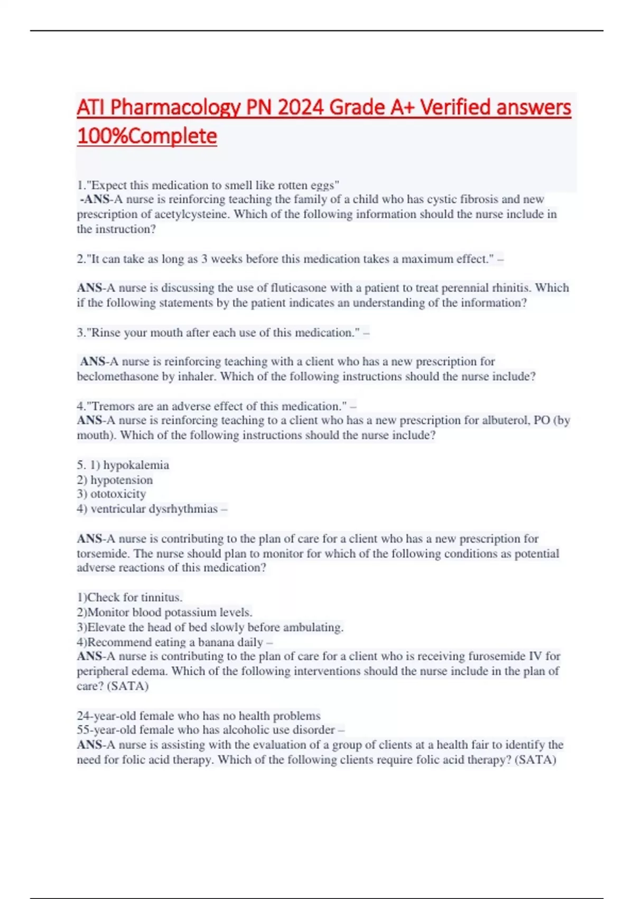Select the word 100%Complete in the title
click(147, 136)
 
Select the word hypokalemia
click(136, 465)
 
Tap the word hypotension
click(122, 480)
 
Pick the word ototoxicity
click(118, 494)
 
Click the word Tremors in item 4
click(113, 407)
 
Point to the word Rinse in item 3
click(106, 333)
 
